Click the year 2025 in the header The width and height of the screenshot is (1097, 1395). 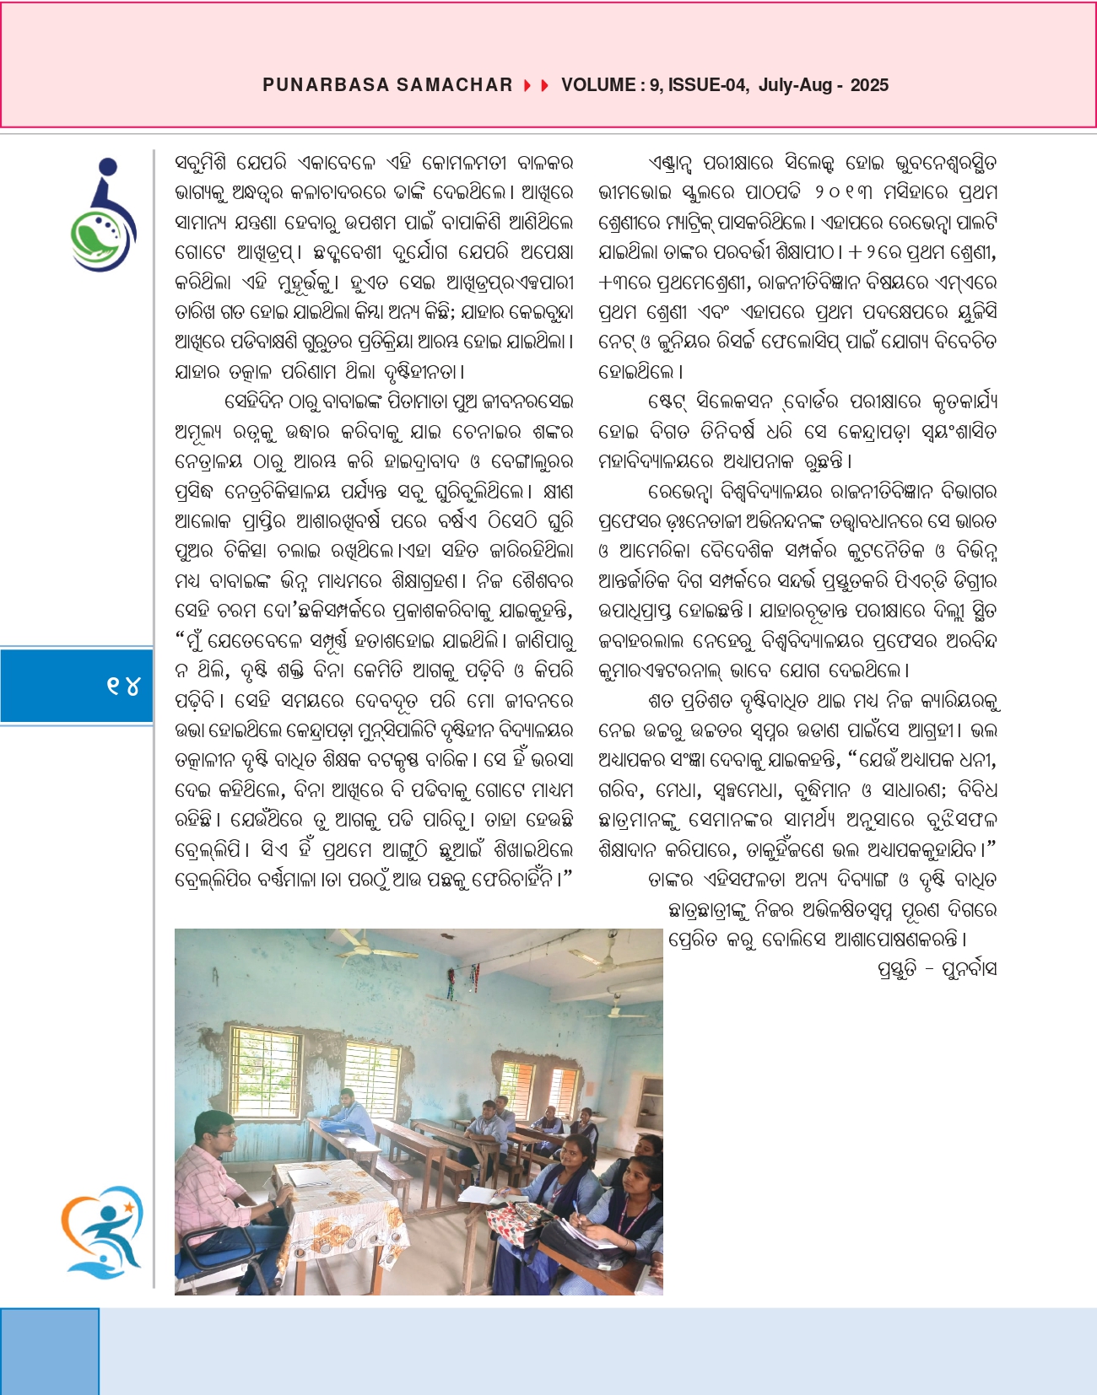point(869,85)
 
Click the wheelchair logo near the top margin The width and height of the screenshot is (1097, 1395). point(104,215)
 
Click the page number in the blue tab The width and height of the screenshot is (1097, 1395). point(123,686)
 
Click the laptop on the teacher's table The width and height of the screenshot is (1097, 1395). point(308,1177)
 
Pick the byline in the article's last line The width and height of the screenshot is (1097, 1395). point(937,969)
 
